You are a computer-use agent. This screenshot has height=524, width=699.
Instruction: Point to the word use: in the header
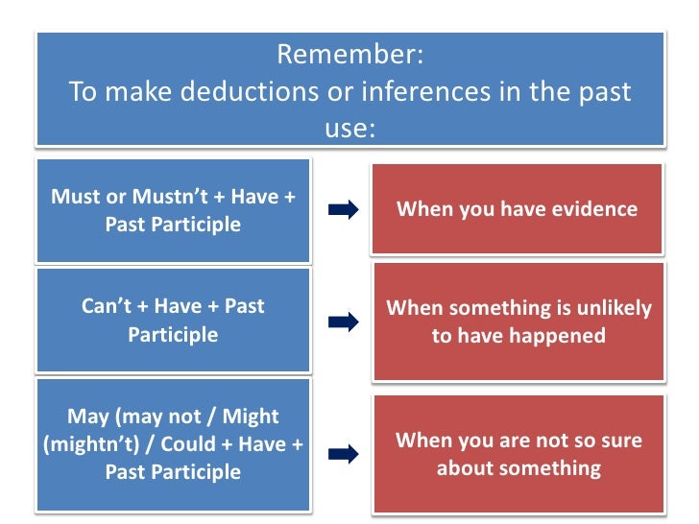tap(349, 128)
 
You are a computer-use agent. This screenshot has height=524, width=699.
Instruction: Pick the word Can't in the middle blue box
tap(108, 307)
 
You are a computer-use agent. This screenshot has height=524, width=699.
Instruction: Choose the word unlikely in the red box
tap(616, 308)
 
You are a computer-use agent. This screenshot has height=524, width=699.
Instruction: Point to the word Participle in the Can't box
tap(173, 335)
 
